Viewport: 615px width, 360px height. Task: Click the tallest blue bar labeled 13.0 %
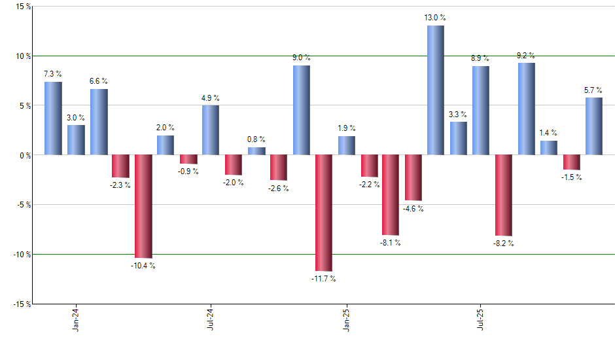coord(436,90)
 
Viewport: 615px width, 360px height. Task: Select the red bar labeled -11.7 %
coord(324,213)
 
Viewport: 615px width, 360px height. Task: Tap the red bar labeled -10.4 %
coord(143,206)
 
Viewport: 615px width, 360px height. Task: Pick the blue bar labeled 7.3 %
coord(53,118)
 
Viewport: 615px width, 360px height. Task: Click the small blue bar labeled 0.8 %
coord(256,151)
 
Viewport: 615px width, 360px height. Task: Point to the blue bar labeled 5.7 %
coord(594,126)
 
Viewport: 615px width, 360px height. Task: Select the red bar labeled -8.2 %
coord(504,195)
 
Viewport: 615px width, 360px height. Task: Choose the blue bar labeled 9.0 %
coord(302,110)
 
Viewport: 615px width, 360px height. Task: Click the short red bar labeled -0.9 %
coord(188,159)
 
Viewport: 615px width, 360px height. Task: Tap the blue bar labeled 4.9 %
coord(211,130)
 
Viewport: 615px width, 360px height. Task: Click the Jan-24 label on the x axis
coord(76,319)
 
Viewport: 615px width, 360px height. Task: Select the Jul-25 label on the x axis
coord(481,319)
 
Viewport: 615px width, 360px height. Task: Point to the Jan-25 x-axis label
coord(346,319)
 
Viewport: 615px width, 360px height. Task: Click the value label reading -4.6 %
coord(413,209)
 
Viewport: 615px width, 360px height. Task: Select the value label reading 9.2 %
coord(526,56)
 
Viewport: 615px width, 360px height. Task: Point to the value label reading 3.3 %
coord(459,115)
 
